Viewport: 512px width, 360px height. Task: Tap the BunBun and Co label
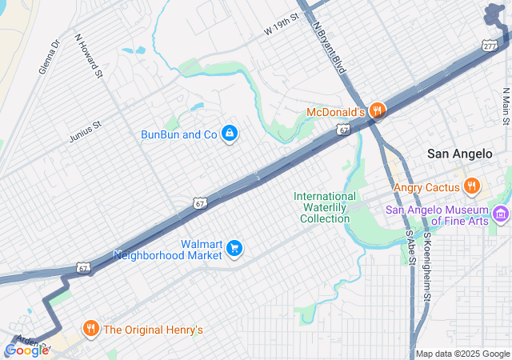[179, 134]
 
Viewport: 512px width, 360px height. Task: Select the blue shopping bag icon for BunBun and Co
[229, 133]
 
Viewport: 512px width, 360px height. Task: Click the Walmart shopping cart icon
[234, 249]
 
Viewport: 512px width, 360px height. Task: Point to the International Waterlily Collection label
[325, 207]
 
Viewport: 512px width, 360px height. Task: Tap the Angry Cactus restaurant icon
[472, 187]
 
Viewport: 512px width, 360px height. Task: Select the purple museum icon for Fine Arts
[502, 214]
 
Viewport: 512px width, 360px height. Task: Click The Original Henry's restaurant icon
[91, 329]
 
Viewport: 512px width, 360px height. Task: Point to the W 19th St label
[281, 25]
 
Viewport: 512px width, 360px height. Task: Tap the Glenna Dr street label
[50, 58]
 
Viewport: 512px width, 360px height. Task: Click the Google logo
[26, 350]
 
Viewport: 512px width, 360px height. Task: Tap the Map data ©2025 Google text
[462, 354]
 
